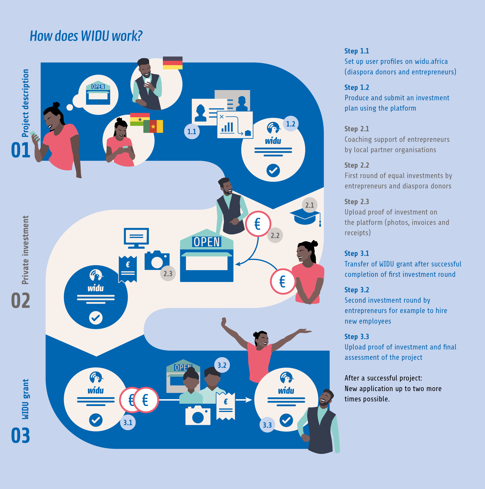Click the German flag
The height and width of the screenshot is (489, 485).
pos(172,63)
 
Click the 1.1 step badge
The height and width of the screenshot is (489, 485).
pos(192,131)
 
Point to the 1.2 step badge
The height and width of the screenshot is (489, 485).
pos(290,124)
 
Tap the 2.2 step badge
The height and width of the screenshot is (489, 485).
pos(275,235)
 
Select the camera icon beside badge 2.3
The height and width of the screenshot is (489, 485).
pos(157,261)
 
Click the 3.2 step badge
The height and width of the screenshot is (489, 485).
pos(222,365)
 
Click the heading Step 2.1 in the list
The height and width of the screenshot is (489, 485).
pos(357,129)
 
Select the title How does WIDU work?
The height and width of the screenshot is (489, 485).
pos(86,36)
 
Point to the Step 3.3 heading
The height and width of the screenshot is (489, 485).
pos(357,337)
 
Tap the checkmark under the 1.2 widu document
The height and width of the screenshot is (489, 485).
pos(273,171)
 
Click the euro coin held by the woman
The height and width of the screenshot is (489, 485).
pos(283,281)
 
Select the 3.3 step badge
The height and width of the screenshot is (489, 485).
pos(267,425)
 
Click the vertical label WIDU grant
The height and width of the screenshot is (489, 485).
pos(25,399)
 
